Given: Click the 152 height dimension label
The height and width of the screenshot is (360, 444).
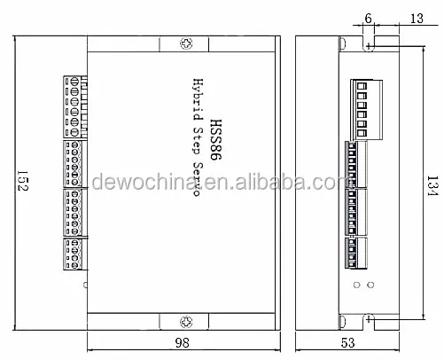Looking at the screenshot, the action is pyautogui.click(x=23, y=181).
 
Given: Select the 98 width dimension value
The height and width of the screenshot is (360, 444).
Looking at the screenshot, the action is pyautogui.click(x=182, y=343).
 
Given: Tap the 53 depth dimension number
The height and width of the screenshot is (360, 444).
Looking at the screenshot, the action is pyautogui.click(x=347, y=343).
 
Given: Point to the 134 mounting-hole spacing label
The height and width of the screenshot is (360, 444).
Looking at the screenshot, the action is pyautogui.click(x=432, y=185).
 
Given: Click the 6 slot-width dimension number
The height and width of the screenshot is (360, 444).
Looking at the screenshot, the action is pyautogui.click(x=368, y=19).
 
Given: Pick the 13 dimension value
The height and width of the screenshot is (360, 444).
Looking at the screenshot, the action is pyautogui.click(x=417, y=19).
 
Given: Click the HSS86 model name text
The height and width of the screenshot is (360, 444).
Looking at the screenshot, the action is pyautogui.click(x=215, y=140).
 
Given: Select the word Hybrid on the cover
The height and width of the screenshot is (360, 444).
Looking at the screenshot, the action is pyautogui.click(x=198, y=99).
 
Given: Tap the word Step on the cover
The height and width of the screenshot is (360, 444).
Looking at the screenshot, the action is pyautogui.click(x=198, y=140).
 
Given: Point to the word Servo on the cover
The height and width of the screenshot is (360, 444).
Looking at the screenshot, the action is pyautogui.click(x=197, y=179).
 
